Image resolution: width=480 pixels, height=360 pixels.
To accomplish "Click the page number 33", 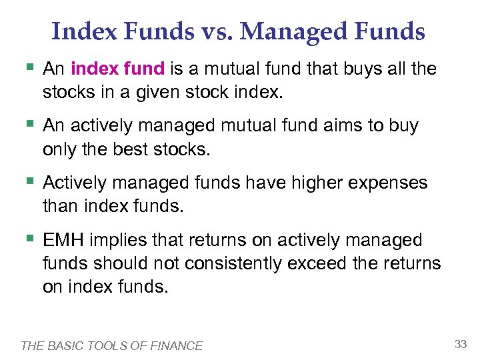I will (x=460, y=344).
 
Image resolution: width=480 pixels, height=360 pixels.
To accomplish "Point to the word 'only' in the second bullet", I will (x=58, y=150).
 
